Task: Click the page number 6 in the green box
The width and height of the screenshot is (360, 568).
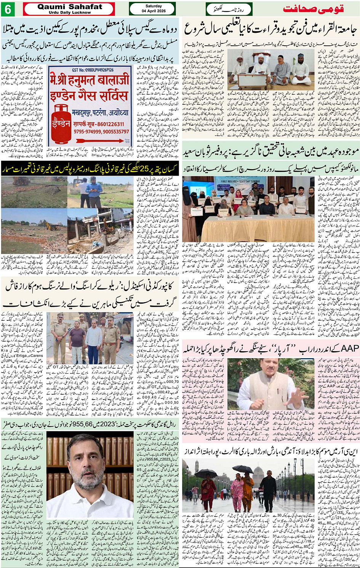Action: coord(8,9)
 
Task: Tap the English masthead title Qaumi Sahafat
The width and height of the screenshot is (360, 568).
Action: coord(70,6)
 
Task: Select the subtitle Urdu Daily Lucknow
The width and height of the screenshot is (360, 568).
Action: coord(70,12)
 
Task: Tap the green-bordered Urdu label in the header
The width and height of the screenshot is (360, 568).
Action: coord(229,9)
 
